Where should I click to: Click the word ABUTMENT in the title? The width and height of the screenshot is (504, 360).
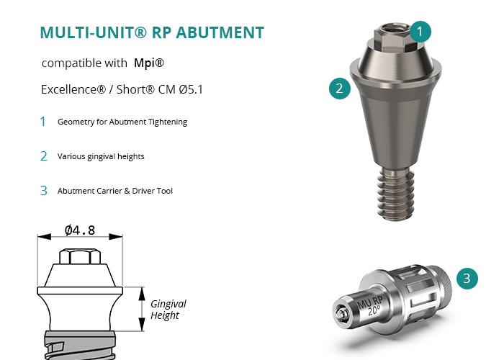click(x=220, y=32)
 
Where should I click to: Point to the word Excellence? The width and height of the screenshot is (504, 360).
click(x=73, y=89)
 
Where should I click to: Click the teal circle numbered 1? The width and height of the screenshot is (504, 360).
click(x=420, y=32)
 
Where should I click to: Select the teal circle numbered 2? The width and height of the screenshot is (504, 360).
click(x=340, y=89)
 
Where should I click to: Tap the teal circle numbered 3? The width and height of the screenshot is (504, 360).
click(x=467, y=279)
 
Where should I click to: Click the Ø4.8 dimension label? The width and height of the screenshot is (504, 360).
click(x=80, y=230)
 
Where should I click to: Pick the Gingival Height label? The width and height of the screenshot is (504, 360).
click(x=168, y=309)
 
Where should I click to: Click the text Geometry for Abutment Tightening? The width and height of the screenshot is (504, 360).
click(x=122, y=122)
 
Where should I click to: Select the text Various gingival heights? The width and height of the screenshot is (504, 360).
click(x=101, y=156)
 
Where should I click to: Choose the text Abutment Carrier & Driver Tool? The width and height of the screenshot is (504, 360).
click(x=115, y=191)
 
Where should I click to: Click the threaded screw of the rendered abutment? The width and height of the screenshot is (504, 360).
click(x=396, y=194)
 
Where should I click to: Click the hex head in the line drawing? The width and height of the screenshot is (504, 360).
click(x=80, y=256)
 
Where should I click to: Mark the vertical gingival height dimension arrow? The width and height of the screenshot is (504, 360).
click(x=142, y=309)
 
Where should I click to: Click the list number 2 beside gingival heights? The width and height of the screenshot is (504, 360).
click(x=44, y=156)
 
